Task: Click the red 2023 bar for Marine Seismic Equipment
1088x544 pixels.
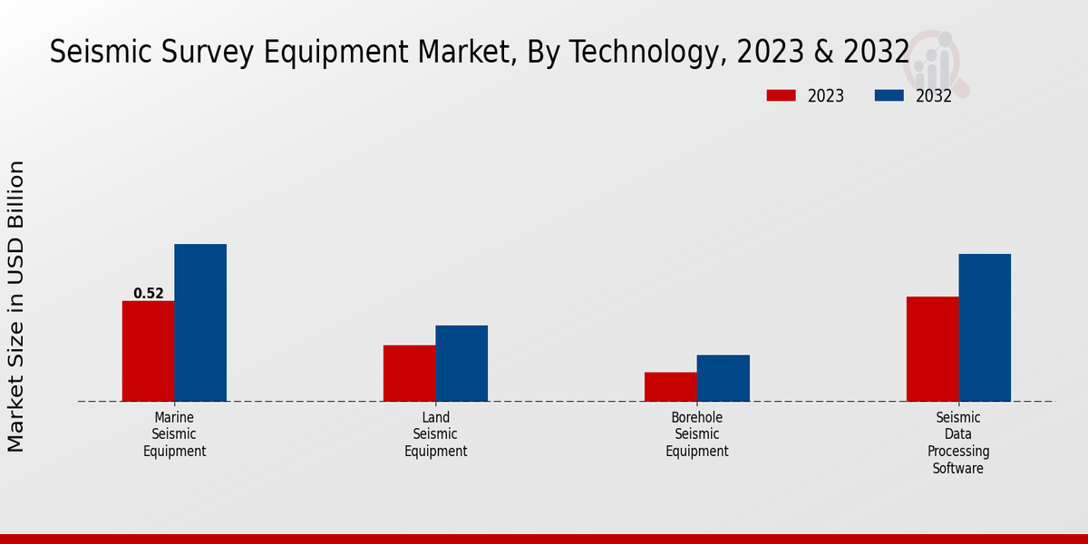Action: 148,351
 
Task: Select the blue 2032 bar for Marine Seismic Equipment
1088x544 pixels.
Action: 200,323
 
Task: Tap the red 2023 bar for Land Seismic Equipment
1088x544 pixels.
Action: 409,373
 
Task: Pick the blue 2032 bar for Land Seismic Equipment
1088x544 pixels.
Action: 461,363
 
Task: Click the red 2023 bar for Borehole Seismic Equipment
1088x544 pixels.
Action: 671,386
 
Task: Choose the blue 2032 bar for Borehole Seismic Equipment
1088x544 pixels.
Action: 724,378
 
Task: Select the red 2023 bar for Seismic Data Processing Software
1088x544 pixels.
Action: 932,349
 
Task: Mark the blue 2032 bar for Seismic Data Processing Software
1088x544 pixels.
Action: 985,327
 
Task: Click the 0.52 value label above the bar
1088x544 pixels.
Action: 149,293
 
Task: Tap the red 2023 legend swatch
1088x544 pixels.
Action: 781,95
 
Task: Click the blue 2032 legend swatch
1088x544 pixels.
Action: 889,95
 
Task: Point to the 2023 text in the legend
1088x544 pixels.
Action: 826,96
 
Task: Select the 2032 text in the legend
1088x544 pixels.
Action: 934,96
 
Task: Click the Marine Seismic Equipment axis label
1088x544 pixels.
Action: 175,434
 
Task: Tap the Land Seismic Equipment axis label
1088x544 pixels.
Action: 436,434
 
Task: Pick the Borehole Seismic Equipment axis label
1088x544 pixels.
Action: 697,434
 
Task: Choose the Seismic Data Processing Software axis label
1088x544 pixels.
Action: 958,442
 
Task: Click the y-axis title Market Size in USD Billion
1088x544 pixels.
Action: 16,306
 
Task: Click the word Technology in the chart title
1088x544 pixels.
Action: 645,53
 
